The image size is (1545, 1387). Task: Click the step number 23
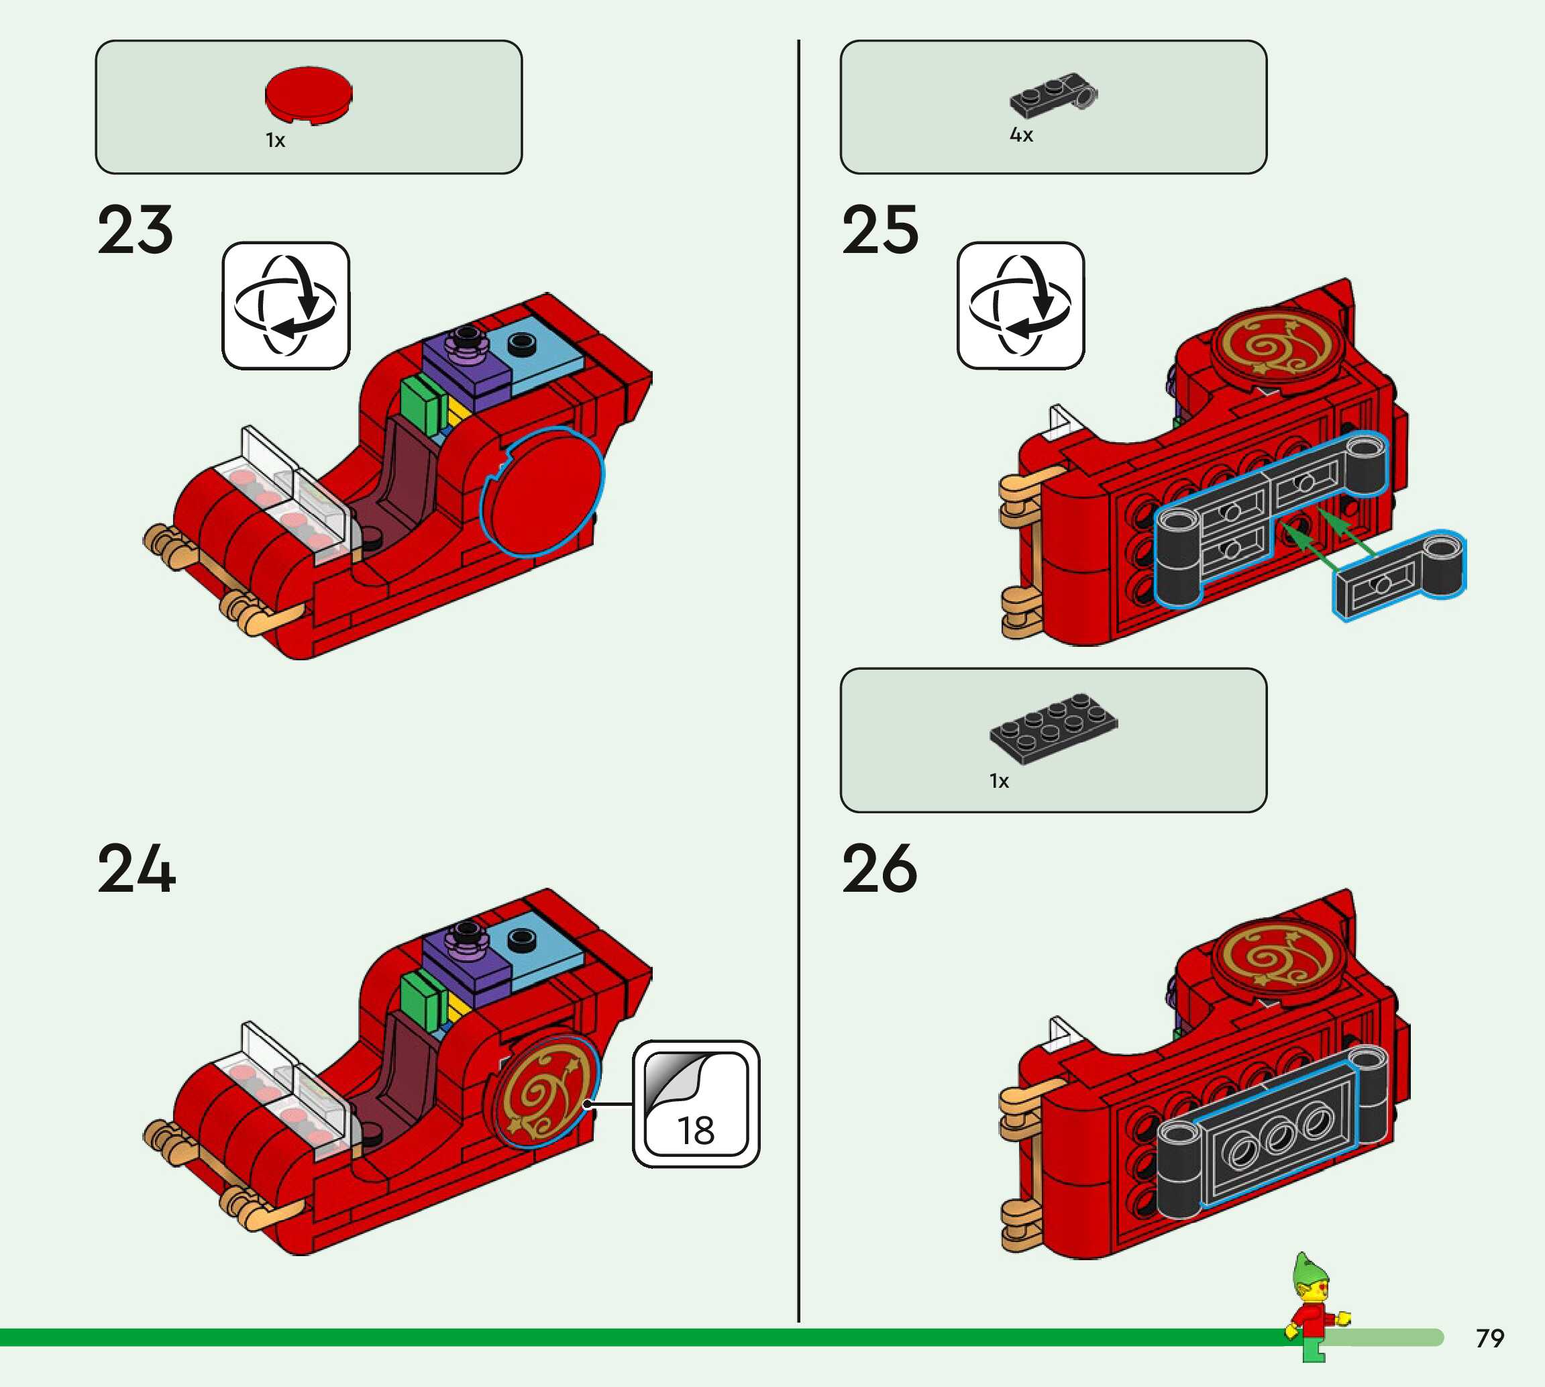tap(136, 230)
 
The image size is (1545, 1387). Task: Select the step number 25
tap(880, 230)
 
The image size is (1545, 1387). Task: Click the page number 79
tap(1489, 1338)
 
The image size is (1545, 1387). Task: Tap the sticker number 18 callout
tap(696, 1104)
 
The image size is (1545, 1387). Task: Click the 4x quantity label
tap(1021, 135)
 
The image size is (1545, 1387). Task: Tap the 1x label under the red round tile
tap(275, 141)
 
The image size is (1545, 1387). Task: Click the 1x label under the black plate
tap(999, 781)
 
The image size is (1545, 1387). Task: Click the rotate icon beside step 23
tap(286, 305)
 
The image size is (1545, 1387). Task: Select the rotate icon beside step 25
tap(1020, 305)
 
